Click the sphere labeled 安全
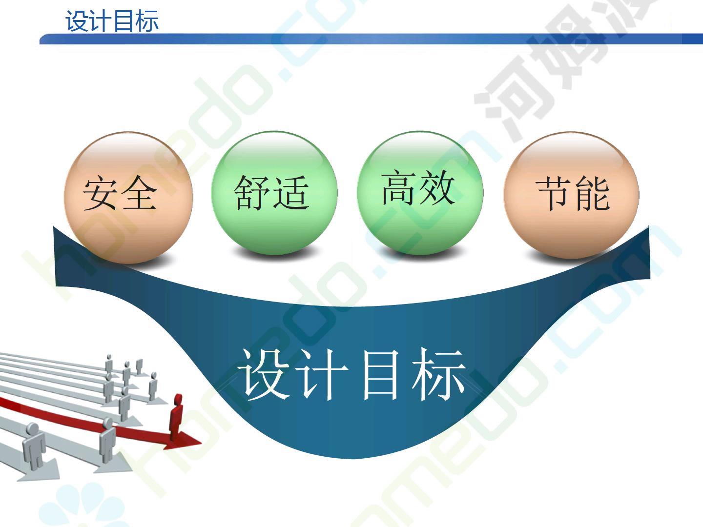128,198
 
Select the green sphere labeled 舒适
274,193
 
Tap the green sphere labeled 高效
420,193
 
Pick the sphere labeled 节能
571,195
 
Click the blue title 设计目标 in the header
112,21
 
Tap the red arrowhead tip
202,443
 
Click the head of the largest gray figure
32,429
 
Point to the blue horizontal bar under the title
371,39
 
